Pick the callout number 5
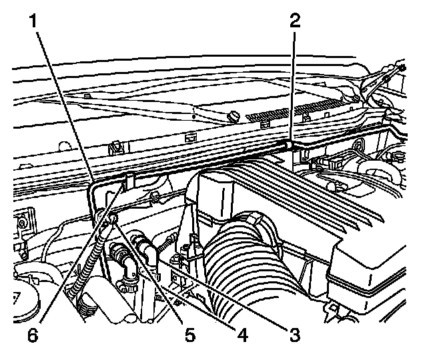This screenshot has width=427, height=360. [x=189, y=333]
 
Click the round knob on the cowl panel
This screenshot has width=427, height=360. [x=234, y=117]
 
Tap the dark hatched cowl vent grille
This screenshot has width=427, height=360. [x=294, y=112]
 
